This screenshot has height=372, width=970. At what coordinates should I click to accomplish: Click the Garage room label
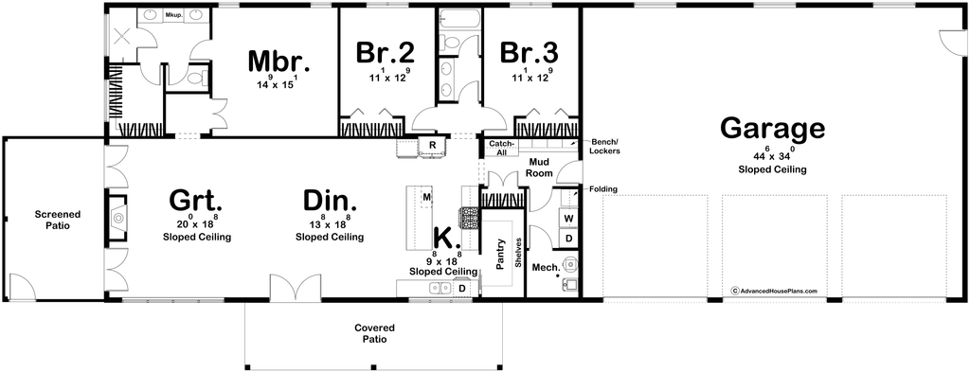pyautogui.click(x=773, y=129)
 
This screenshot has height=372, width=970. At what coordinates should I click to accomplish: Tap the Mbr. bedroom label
pyautogui.click(x=278, y=61)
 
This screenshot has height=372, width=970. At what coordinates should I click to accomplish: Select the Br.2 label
pyautogui.click(x=385, y=52)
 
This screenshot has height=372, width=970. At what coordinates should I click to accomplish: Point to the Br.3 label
pyautogui.click(x=530, y=52)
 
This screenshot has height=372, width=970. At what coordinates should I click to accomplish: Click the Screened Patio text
pyautogui.click(x=57, y=220)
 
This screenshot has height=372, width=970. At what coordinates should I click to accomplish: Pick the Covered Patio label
pyautogui.click(x=374, y=334)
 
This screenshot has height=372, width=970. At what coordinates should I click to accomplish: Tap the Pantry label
pyautogui.click(x=502, y=254)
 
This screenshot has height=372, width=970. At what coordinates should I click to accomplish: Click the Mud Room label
pyautogui.click(x=538, y=168)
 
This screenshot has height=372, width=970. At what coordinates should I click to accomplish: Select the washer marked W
pyautogui.click(x=568, y=218)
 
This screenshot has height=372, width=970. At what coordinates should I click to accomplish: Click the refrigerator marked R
pyautogui.click(x=432, y=145)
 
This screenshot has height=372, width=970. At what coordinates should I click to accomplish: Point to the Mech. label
pyautogui.click(x=547, y=268)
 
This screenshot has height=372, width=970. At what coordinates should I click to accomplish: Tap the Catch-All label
pyautogui.click(x=500, y=148)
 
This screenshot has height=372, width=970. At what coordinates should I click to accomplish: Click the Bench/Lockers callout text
pyautogui.click(x=605, y=146)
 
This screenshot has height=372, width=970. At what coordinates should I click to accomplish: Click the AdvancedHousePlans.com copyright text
pyautogui.click(x=775, y=291)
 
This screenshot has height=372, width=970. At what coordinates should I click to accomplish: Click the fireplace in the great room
pyautogui.click(x=117, y=218)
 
